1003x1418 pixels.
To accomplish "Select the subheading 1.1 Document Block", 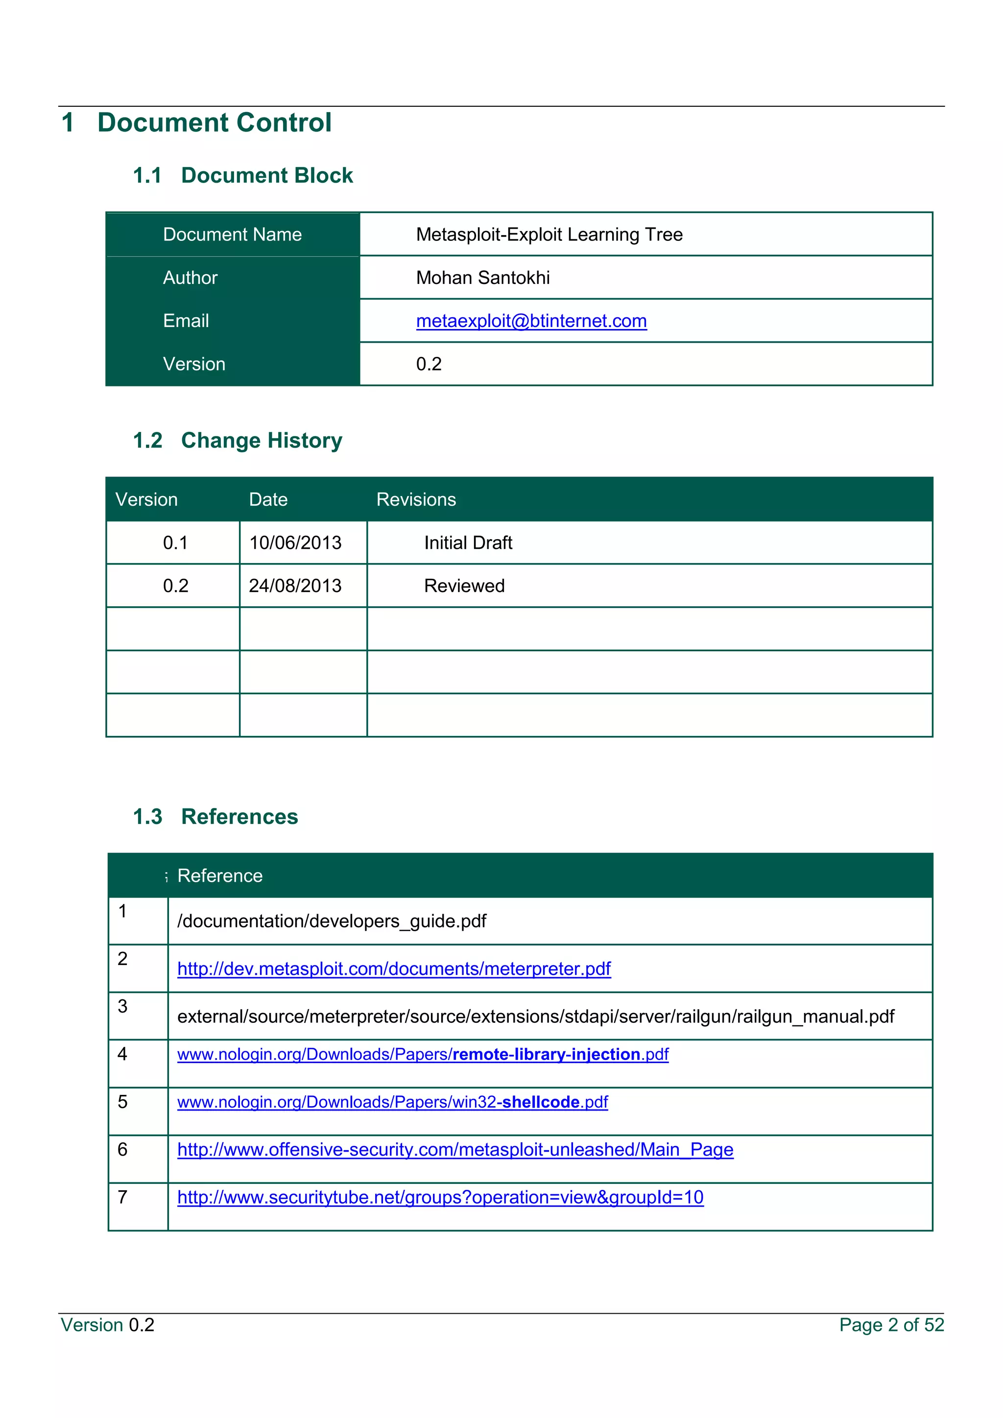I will tap(243, 175).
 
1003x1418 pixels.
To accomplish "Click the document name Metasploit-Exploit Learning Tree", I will tap(549, 235).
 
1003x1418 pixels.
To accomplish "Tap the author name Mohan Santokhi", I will tap(482, 278).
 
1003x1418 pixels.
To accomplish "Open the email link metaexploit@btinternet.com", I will tap(531, 321).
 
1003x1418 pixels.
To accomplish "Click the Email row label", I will tap(186, 321).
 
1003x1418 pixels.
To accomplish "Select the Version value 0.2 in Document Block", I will tap(429, 364).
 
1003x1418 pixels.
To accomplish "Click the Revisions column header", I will tap(416, 499).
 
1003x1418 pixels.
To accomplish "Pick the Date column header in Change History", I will tap(268, 499).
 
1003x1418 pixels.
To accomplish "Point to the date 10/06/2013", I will tap(295, 543).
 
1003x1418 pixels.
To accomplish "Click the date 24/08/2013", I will tap(295, 586).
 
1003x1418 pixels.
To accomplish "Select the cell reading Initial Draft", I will tap(468, 543).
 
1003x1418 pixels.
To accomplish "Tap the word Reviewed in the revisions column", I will tap(464, 586).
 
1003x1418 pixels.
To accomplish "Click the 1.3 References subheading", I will tap(215, 816).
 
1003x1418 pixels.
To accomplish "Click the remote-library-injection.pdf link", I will tap(423, 1054).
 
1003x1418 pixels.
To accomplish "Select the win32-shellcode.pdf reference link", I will tap(392, 1102).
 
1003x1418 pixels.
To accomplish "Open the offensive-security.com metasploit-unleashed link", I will tap(455, 1150).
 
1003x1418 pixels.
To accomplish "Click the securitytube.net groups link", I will tap(440, 1198).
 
